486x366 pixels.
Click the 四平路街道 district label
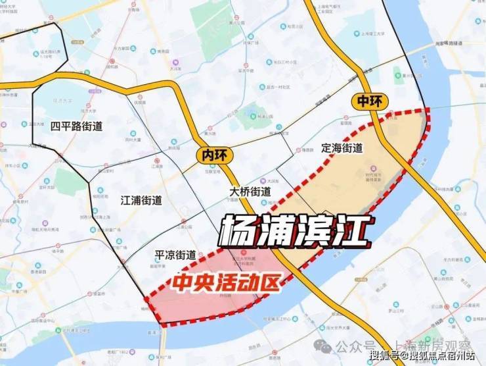pos(76,126)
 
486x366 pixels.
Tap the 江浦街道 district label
pos(141,200)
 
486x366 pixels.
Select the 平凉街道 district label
pos(175,255)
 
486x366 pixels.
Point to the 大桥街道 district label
pos(250,191)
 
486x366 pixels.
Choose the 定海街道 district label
pos(342,148)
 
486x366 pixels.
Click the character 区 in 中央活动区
pos(271,283)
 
